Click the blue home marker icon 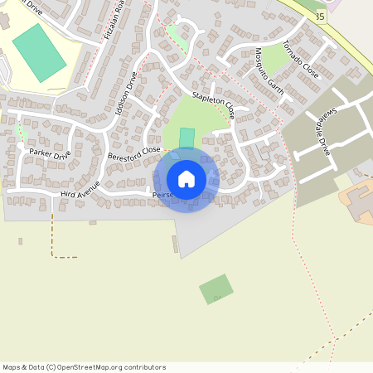pos(186,179)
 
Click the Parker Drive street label pos(50,153)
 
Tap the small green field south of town pos(216,289)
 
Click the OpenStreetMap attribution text pos(84,367)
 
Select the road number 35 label pos(320,16)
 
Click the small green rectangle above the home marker pos(187,137)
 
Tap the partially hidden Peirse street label pos(161,196)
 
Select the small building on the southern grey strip pos(174,245)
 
